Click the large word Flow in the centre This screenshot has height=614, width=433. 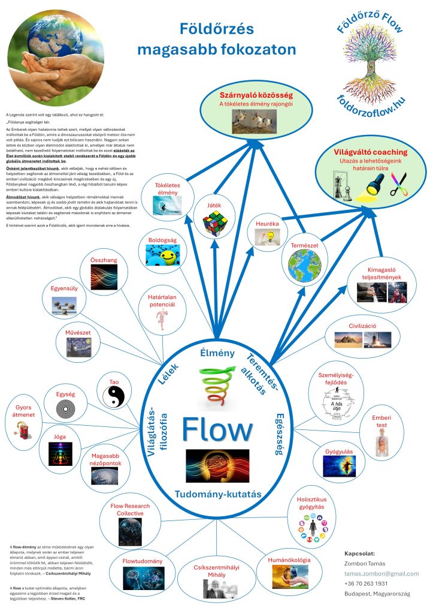[x=217, y=430]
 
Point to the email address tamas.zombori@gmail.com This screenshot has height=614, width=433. [x=381, y=573]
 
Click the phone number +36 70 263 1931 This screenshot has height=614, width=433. [x=366, y=583]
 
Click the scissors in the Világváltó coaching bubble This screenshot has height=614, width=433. [x=398, y=184]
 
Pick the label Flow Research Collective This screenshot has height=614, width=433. [x=130, y=510]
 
